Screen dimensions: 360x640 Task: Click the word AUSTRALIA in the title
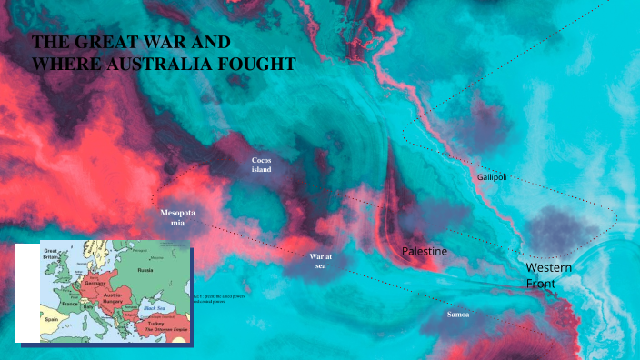click(158, 65)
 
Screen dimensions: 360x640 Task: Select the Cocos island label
click(262, 165)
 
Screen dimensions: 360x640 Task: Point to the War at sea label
click(321, 262)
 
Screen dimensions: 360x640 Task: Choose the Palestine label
click(425, 250)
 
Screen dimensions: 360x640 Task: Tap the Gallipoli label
click(492, 176)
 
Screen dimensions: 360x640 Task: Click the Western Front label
click(548, 276)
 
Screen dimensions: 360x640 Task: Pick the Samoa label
click(458, 314)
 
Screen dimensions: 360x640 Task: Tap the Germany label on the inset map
click(94, 283)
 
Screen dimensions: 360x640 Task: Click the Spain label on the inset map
click(53, 320)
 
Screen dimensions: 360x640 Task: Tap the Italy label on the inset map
click(88, 306)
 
